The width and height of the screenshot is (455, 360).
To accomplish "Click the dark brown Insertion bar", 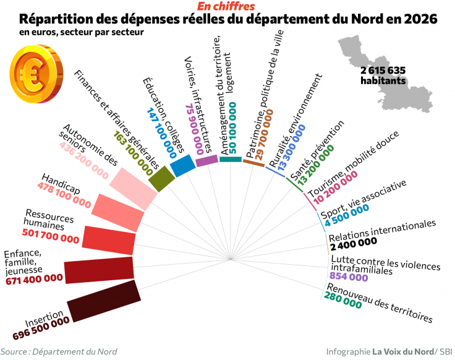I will click(103, 301).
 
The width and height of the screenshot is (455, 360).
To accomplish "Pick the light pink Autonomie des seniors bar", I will click(135, 187).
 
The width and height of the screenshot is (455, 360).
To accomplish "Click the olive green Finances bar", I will click(162, 178).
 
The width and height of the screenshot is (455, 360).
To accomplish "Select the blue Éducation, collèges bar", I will click(182, 165).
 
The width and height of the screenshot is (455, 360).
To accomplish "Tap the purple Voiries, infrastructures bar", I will click(206, 160).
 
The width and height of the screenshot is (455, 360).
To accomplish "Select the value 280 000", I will click(343, 303).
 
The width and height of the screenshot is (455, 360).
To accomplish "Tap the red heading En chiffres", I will click(226, 6).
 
